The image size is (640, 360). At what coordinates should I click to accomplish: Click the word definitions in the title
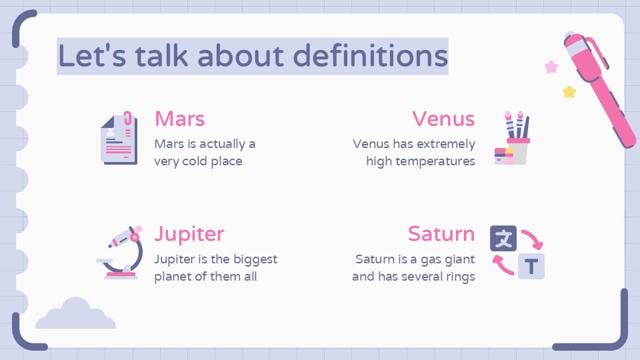click(371, 56)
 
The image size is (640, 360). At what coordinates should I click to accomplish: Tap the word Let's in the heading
click(91, 56)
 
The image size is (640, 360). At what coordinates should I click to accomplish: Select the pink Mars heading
click(179, 119)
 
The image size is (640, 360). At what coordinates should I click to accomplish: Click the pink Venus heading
click(443, 119)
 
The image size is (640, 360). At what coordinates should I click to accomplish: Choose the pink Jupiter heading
click(189, 234)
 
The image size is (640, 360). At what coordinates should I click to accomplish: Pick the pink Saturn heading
click(441, 234)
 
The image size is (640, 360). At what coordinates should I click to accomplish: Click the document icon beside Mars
click(118, 139)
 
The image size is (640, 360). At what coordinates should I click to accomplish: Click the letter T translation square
click(531, 267)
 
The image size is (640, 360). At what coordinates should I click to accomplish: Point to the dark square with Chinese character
click(503, 238)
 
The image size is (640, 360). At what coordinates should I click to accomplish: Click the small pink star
click(551, 67)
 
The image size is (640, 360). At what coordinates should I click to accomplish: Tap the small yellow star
click(569, 92)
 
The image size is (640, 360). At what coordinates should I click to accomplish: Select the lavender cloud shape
click(75, 315)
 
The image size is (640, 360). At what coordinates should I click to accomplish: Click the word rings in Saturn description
click(459, 276)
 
